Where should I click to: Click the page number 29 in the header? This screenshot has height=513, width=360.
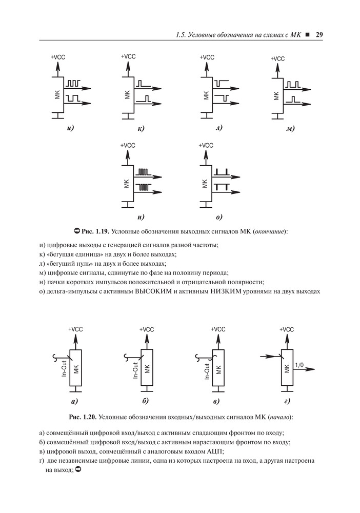coord(318,35)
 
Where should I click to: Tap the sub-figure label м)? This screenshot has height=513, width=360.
coord(290,128)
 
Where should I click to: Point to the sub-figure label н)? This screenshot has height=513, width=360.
coord(141,216)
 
